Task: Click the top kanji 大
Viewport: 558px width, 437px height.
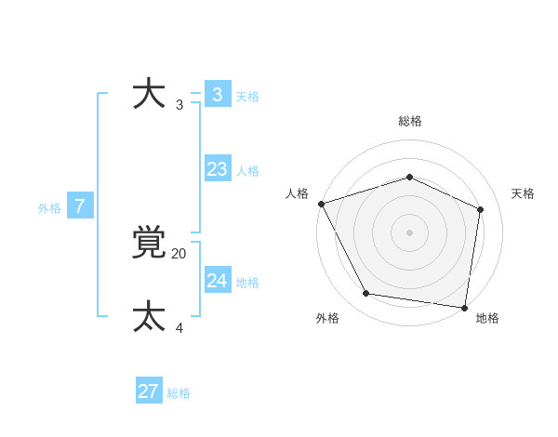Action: [x=149, y=95]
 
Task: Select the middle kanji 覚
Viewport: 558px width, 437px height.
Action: [x=149, y=244]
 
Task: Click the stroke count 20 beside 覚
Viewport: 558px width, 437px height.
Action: [x=179, y=253]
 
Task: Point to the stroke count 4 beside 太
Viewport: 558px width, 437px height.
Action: [x=179, y=327]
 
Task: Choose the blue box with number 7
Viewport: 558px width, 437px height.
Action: [x=80, y=206]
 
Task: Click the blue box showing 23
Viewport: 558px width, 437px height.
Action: [x=217, y=169]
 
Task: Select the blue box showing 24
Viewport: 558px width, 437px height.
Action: [x=217, y=281]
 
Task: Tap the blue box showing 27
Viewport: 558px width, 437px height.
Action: [x=148, y=391]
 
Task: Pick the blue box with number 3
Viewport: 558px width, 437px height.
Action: [x=217, y=95]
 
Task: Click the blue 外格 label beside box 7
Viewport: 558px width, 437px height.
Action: [x=49, y=208]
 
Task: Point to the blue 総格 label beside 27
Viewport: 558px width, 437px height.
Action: [x=179, y=393]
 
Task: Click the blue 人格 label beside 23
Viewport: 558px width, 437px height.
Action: [x=247, y=171]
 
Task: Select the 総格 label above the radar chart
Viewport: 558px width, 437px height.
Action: [x=409, y=121]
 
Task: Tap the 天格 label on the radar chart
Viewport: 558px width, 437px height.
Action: [x=523, y=193]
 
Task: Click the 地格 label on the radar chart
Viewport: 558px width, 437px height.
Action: [x=487, y=318]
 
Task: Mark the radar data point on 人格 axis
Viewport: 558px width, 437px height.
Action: [x=321, y=204]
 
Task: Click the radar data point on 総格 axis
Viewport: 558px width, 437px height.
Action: [x=409, y=177]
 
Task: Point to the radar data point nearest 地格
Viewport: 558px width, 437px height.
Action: [x=464, y=307]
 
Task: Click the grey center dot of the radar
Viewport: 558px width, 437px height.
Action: [x=409, y=232]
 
